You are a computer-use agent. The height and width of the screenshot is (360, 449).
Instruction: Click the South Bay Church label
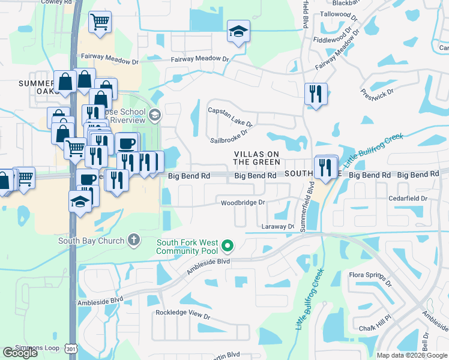point(91,241)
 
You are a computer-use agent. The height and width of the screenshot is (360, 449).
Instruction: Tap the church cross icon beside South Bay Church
point(134,241)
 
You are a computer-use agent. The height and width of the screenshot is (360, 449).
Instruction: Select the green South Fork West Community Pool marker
point(228,245)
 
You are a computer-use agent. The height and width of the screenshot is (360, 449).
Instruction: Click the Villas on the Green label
point(256,158)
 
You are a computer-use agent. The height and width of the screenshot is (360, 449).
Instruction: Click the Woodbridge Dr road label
point(243,203)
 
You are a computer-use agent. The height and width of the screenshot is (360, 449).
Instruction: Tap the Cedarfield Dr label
point(407,198)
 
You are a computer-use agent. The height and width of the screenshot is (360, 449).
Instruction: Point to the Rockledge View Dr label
point(183,314)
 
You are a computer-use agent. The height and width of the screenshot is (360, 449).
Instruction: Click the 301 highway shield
point(71,348)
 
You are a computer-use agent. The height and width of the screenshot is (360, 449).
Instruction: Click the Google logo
point(20,353)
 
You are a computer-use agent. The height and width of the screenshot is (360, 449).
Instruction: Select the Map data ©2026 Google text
point(411,355)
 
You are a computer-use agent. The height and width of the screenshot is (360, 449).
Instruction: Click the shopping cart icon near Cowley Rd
point(100,22)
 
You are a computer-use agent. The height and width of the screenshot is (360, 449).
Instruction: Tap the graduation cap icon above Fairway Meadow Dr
point(238,31)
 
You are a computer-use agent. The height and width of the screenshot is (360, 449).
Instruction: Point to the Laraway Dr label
point(277,227)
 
